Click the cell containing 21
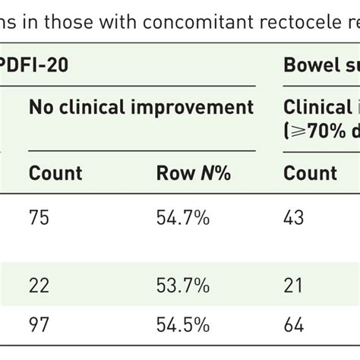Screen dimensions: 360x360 coord(293,286)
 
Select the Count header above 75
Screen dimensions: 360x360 coord(55,174)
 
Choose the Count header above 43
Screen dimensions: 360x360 coord(310,174)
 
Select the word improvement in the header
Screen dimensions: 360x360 coord(200,107)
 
